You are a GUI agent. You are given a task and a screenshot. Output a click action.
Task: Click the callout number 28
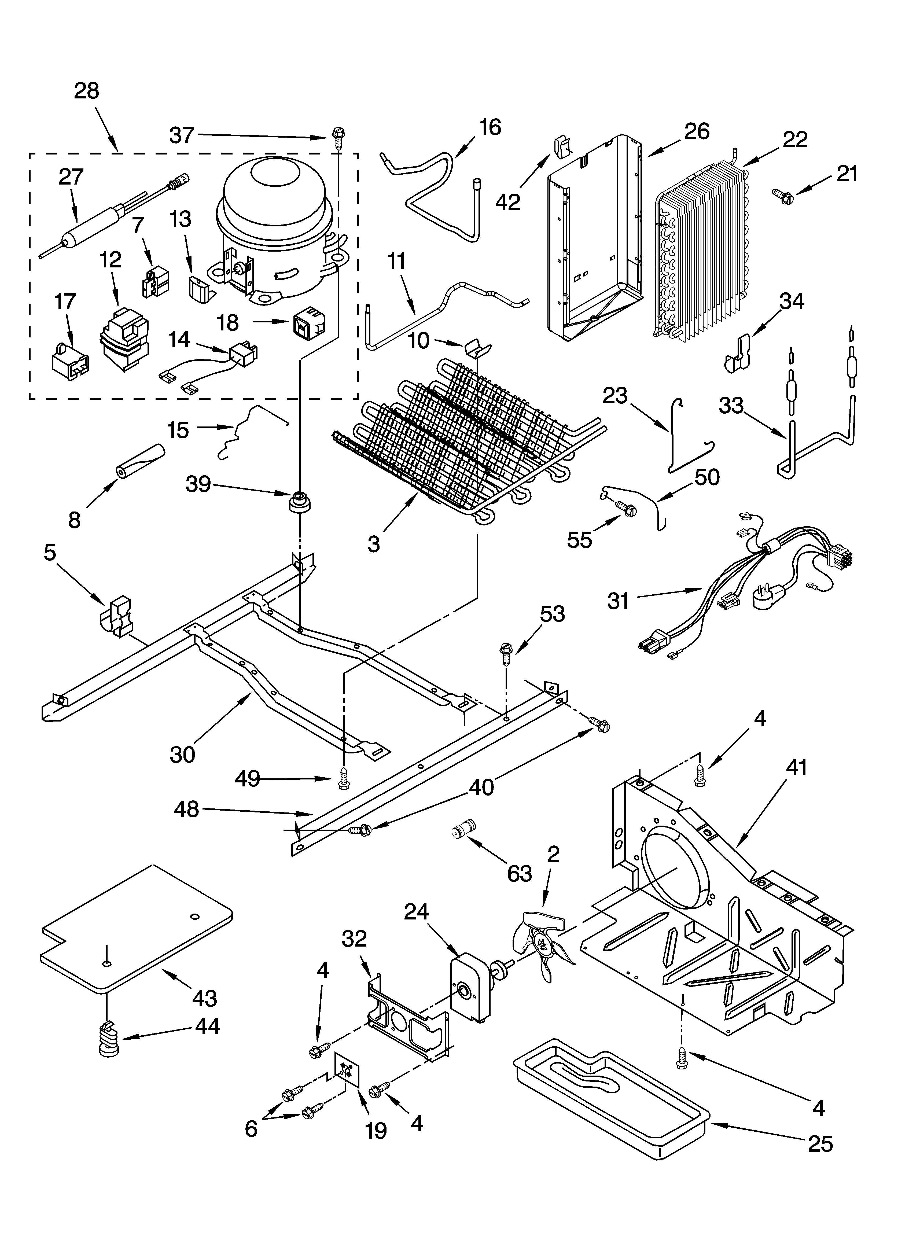(x=86, y=91)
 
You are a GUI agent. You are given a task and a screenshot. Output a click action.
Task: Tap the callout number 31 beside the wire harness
(x=619, y=601)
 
